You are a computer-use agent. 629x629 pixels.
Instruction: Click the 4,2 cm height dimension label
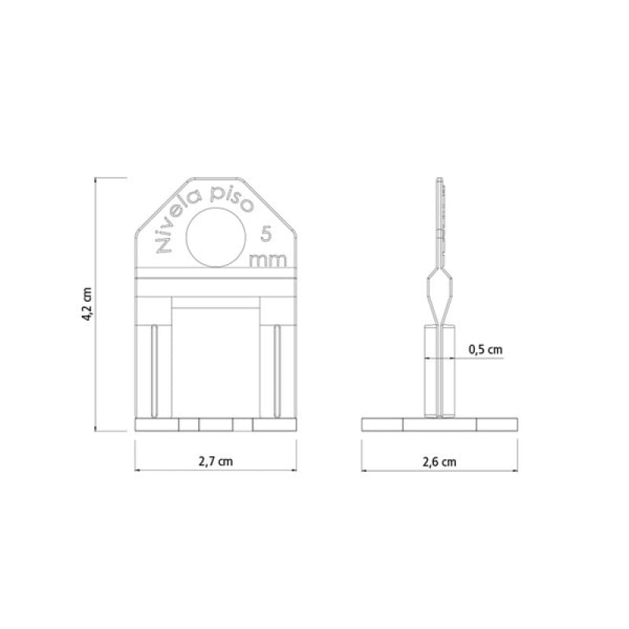click(x=88, y=304)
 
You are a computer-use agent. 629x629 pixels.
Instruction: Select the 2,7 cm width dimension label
click(x=215, y=462)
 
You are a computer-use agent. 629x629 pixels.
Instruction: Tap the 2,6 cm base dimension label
click(x=440, y=462)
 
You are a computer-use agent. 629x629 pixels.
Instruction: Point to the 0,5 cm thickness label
click(x=485, y=349)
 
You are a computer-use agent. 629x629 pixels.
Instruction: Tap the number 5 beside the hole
click(x=266, y=234)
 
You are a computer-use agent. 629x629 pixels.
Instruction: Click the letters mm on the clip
click(x=268, y=260)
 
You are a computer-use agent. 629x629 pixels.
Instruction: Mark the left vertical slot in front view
click(x=154, y=370)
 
